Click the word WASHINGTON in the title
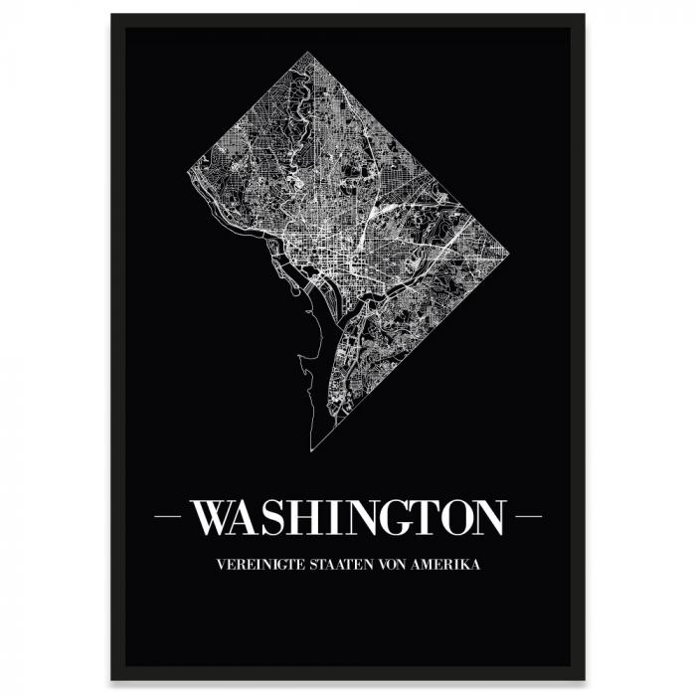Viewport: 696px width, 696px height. (348, 517)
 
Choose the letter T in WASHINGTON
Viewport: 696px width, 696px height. (418, 517)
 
